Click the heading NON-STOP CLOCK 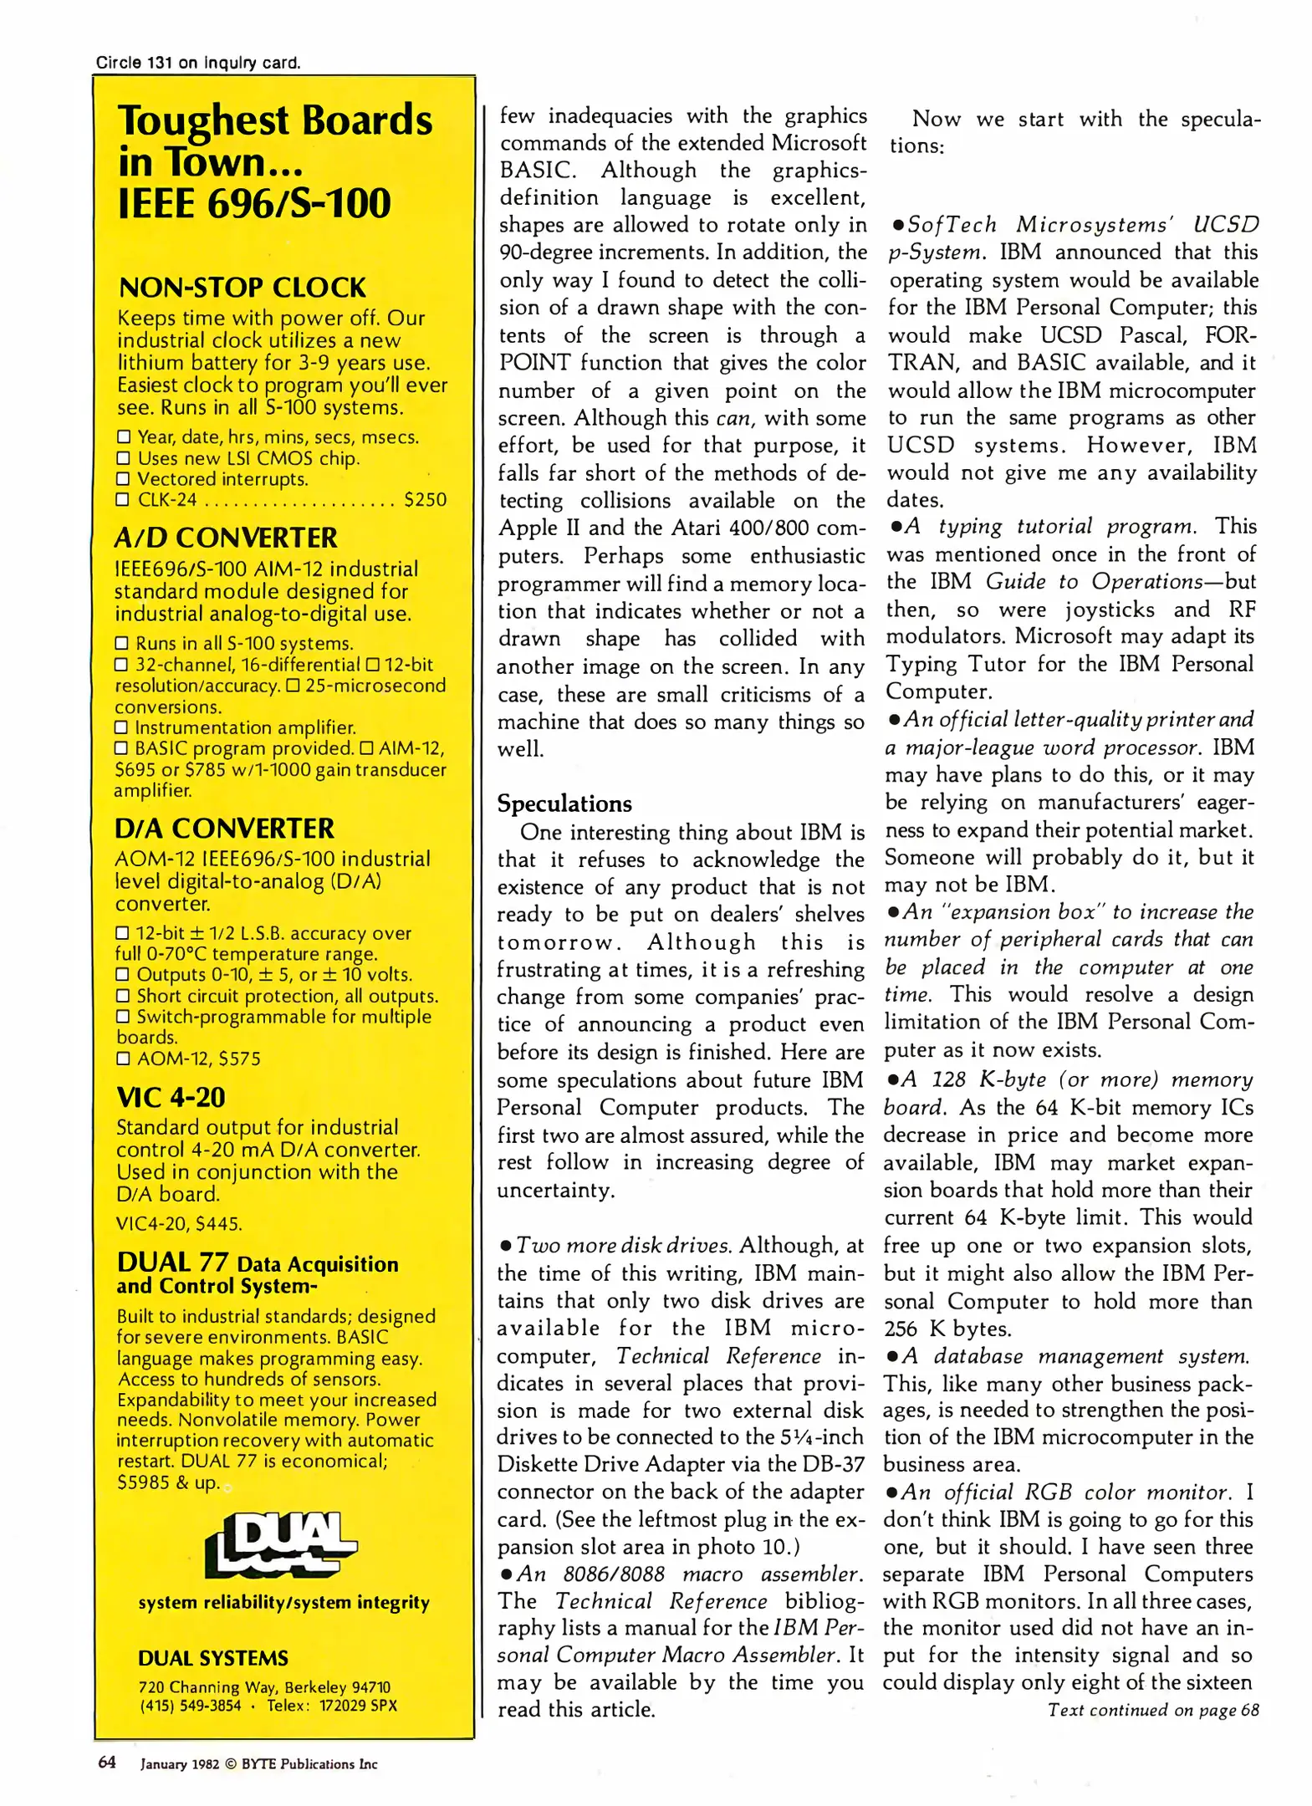tap(242, 288)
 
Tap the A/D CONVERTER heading tap(226, 537)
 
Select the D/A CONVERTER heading tap(224, 828)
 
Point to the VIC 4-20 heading tap(171, 1096)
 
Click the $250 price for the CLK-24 tap(425, 500)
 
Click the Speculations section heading tap(564, 804)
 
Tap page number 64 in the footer tap(107, 1763)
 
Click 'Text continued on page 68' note tap(1153, 1710)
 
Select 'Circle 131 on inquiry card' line tap(197, 63)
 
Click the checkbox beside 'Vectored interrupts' tap(123, 479)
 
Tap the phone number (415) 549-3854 tap(190, 1706)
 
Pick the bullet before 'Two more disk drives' tap(505, 1247)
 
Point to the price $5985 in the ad tap(143, 1482)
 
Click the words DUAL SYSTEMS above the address tap(212, 1658)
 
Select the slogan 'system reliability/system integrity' tap(283, 1602)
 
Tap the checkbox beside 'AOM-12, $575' tap(123, 1059)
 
